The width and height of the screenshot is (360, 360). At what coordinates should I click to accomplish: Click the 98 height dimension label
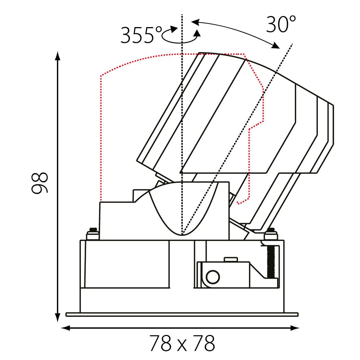(39, 183)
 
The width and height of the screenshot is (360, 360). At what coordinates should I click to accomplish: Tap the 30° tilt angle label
(281, 24)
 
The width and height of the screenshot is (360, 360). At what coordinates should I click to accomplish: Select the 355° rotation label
(141, 35)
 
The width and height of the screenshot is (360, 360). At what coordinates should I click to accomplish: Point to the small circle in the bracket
(213, 277)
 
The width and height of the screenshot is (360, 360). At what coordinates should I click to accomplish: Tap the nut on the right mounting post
(271, 234)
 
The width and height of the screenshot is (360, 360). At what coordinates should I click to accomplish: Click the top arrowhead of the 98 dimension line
(58, 56)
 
